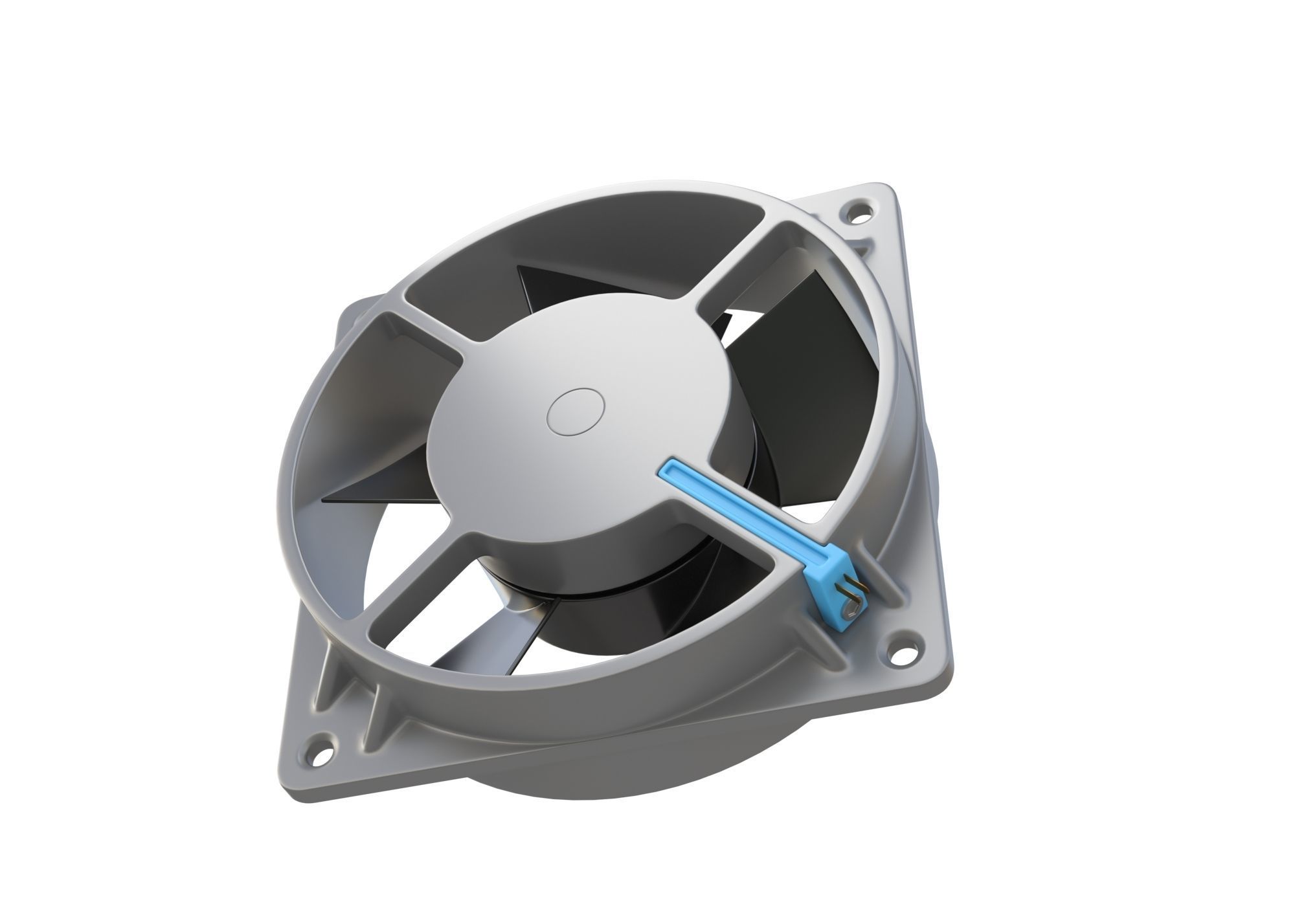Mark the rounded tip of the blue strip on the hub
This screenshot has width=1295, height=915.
click(x=667, y=470)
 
